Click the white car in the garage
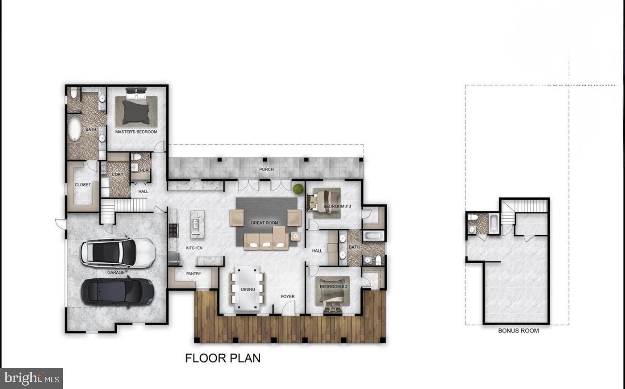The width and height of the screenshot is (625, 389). (118, 251)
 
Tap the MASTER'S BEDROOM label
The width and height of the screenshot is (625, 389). (136, 132)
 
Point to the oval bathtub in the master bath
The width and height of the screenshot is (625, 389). (75, 129)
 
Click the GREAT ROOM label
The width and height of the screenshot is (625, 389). (265, 223)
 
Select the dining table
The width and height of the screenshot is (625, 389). (248, 289)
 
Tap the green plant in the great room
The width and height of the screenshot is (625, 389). (297, 189)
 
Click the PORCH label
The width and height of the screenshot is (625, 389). (266, 169)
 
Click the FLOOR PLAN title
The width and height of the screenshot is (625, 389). (223, 358)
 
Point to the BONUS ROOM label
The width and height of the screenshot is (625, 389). (518, 331)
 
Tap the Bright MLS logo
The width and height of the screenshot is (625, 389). (32, 378)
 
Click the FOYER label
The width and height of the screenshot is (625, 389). (287, 297)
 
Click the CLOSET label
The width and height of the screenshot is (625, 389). (83, 185)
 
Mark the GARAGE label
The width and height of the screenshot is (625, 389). (116, 272)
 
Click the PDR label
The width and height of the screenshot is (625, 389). (144, 170)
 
